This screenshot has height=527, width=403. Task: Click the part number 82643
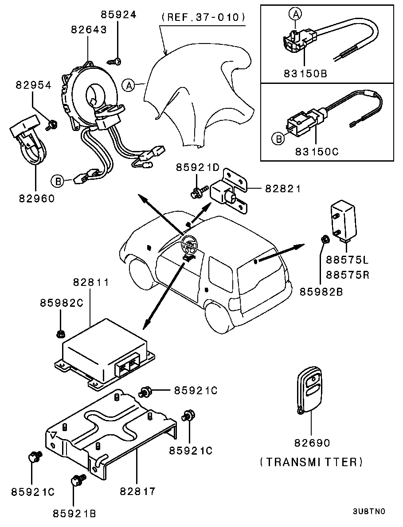tap(89, 29)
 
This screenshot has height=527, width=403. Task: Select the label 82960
tap(37, 198)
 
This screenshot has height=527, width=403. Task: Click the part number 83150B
tap(305, 73)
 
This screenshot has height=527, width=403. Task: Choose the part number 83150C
tap(317, 151)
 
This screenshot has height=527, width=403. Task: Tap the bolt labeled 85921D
tap(196, 193)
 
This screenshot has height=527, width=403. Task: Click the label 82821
tap(283, 189)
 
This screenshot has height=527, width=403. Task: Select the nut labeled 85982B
tap(324, 239)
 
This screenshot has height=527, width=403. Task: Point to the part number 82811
tap(90, 281)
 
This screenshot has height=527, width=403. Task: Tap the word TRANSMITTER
tap(311, 462)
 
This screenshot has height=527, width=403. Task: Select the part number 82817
tap(137, 491)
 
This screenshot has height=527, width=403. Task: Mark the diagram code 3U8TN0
tap(369, 511)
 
